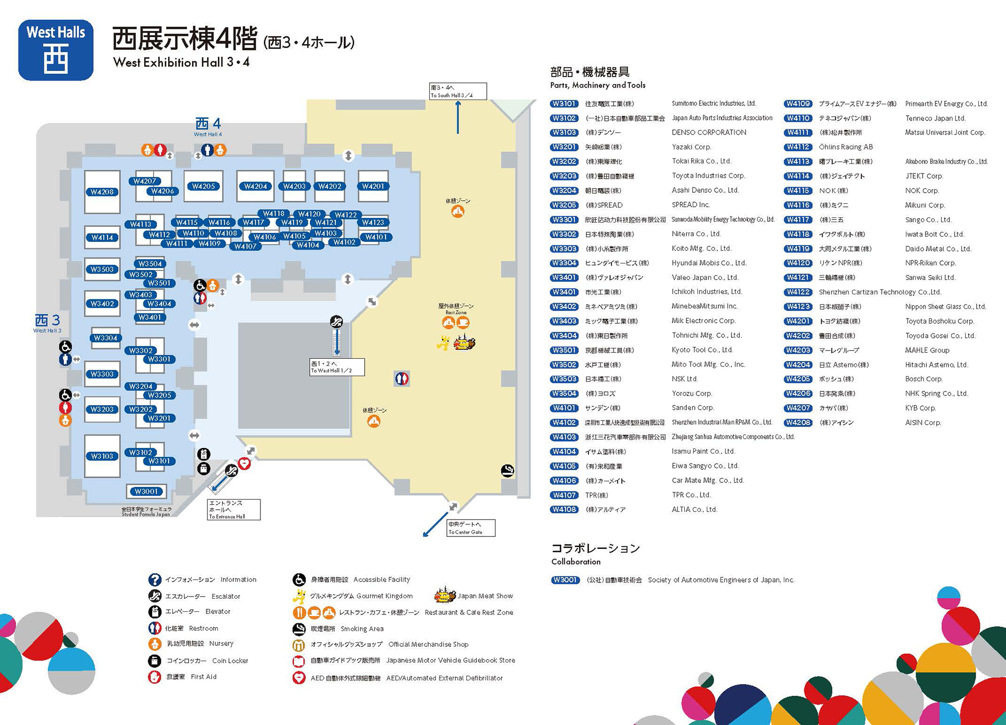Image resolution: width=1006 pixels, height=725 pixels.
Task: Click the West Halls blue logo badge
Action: coord(56,50)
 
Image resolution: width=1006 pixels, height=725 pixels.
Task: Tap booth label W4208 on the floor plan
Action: coord(102,192)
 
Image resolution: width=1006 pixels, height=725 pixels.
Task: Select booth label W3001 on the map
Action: coord(146,491)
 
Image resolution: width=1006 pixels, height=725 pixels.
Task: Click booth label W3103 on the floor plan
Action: coord(102,456)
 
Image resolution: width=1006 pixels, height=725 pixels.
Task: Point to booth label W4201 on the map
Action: coord(373,186)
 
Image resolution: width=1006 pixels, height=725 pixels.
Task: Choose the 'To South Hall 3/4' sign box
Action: coord(457,91)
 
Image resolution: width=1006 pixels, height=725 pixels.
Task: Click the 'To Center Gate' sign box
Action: coord(471,528)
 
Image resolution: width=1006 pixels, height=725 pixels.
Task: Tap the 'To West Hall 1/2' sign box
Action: coord(336,367)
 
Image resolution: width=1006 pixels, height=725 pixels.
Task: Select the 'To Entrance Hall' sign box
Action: coord(234,510)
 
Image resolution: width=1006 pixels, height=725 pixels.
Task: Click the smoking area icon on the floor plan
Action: coord(507,471)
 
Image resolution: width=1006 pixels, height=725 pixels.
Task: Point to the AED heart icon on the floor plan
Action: coord(244,464)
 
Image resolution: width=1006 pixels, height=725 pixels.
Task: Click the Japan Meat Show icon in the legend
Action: coord(445,596)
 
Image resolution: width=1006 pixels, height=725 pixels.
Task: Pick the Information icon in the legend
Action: coord(155,579)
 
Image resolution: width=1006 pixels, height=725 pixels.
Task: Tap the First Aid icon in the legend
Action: coord(155,677)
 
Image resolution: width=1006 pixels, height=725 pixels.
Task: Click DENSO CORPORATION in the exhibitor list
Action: coord(709,133)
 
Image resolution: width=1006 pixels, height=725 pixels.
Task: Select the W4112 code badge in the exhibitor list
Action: coord(798,147)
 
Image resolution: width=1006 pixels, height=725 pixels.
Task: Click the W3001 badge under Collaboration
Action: coord(564,580)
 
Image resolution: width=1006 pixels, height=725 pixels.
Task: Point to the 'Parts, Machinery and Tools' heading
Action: coord(597,85)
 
